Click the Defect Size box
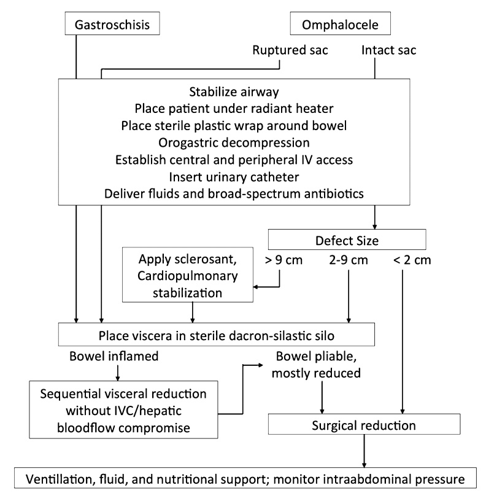(347, 239)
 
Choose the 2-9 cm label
(348, 260)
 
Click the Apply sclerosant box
(188, 274)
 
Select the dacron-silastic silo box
(216, 335)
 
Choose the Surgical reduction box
(364, 424)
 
